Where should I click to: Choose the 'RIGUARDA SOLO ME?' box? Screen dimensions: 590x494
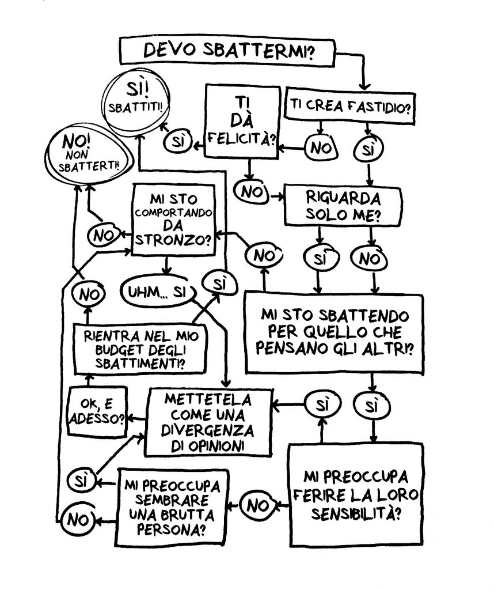(345, 206)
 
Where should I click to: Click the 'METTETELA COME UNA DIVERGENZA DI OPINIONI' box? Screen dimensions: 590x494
(208, 423)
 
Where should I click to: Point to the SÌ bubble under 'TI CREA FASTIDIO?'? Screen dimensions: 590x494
(366, 150)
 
